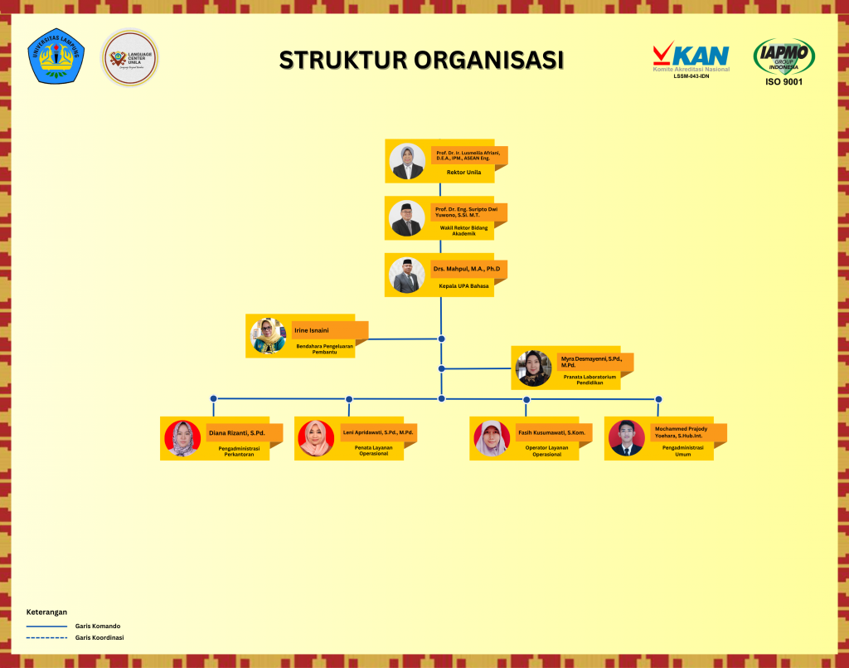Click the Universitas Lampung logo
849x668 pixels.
click(56, 56)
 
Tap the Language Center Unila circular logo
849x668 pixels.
click(129, 57)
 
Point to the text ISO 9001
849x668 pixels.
click(784, 81)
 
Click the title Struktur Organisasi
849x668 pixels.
click(421, 61)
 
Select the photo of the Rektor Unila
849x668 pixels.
click(408, 162)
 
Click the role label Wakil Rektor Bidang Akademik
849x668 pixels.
click(463, 231)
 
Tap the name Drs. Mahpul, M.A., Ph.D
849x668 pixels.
click(466, 269)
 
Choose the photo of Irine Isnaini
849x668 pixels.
click(269, 335)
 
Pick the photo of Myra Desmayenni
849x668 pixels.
click(533, 368)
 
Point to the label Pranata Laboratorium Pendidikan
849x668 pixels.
click(589, 379)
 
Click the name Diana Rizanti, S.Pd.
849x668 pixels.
click(237, 433)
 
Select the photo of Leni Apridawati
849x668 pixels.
click(316, 438)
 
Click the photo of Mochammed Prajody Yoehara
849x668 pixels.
click(626, 438)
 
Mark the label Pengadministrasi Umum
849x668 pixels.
click(682, 451)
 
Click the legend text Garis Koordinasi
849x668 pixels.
click(99, 637)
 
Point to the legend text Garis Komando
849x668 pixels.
click(98, 626)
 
